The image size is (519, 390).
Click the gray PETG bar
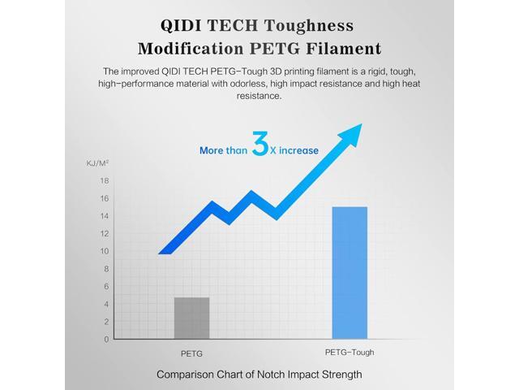tap(191, 318)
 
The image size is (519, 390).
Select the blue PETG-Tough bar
tap(350, 272)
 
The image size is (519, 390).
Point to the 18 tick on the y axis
tap(105, 181)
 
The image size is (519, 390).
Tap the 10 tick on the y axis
tap(105, 251)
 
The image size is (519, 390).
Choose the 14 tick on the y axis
tap(105, 216)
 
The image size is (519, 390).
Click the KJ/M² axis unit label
tap(98, 163)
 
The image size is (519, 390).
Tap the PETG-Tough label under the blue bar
tap(350, 353)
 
